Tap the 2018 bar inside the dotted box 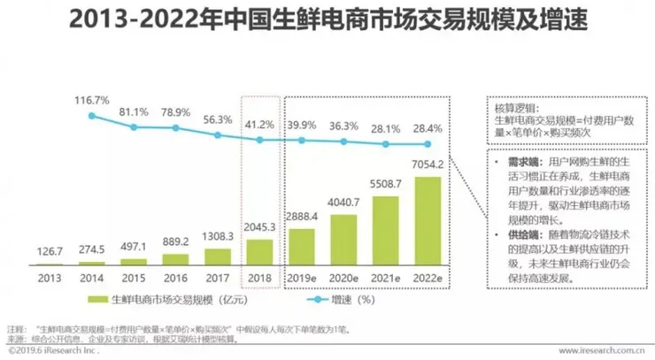(x=259, y=252)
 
